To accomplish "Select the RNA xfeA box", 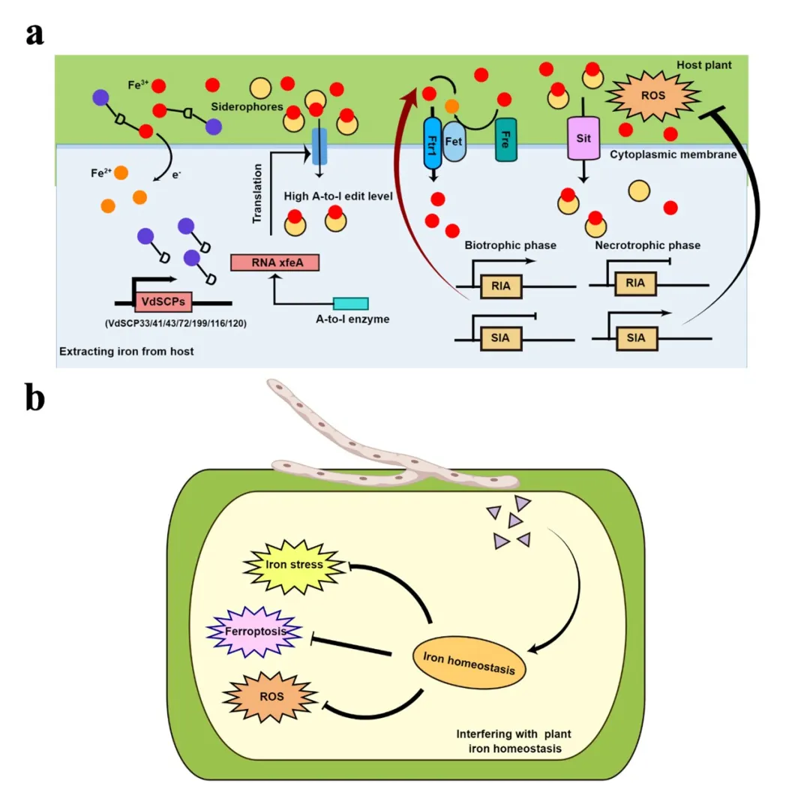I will [274, 262].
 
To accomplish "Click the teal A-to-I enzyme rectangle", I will [350, 303].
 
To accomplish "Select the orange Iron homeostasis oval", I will [468, 665].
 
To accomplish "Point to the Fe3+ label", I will [139, 85].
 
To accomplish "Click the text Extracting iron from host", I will [127, 351].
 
